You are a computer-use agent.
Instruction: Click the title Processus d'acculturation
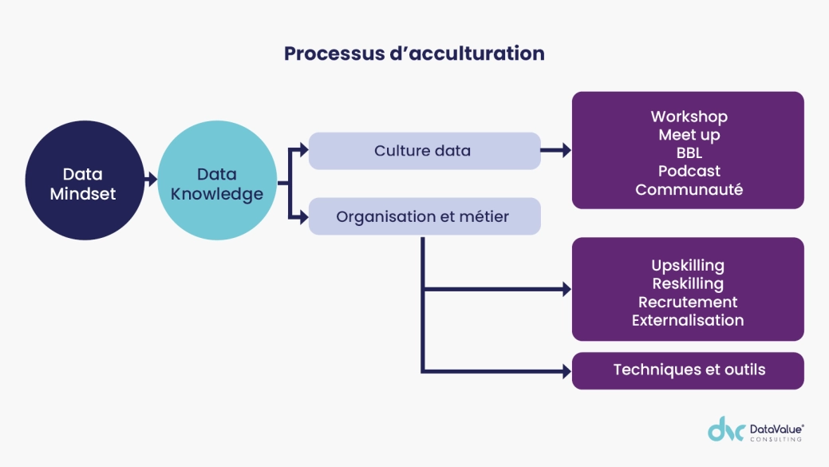pos(414,53)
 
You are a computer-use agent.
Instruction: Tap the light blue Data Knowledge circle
pos(217,184)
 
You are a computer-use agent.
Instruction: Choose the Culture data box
pos(424,151)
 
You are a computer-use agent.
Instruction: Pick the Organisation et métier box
pos(424,216)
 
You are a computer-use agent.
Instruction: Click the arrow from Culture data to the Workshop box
pos(556,150)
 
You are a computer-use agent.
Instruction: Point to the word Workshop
pos(689,117)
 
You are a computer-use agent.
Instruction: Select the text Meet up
pos(689,135)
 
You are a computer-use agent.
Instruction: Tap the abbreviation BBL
pos(689,153)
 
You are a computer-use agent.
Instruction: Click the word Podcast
pos(689,171)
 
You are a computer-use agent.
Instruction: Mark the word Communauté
pos(689,190)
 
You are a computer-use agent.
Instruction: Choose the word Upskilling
pos(688,265)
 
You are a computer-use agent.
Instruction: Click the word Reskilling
pos(688,283)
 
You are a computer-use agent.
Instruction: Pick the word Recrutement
pos(688,302)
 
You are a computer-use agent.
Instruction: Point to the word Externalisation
pos(688,320)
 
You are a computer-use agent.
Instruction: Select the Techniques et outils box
pos(688,370)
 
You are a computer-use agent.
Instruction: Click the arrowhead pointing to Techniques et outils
pos(566,371)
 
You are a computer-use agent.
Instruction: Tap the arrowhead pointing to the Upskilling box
pos(566,289)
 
